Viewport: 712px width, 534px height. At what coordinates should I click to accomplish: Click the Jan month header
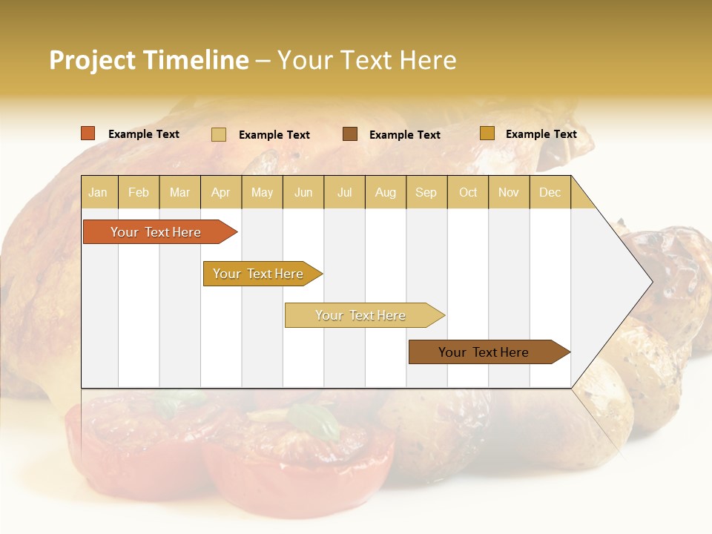click(x=98, y=193)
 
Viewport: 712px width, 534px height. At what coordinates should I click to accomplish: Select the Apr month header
click(x=221, y=193)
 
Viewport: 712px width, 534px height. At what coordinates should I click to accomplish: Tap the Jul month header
click(x=344, y=193)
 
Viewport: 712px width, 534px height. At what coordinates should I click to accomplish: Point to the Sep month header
click(x=426, y=193)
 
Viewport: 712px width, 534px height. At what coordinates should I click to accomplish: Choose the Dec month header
click(x=550, y=193)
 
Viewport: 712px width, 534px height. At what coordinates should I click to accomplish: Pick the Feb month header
click(x=139, y=193)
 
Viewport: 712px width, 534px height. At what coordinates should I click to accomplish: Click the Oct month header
click(x=468, y=193)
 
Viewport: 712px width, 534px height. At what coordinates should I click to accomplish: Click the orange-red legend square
click(x=88, y=133)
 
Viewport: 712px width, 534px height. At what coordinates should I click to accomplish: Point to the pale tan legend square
click(x=219, y=134)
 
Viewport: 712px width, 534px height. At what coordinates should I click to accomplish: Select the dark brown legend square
click(x=350, y=134)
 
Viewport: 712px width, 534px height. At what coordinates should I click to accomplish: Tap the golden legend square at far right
click(x=487, y=133)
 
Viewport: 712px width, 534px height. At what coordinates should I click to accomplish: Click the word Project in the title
click(x=93, y=60)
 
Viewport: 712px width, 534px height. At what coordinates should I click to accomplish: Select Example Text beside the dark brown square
click(x=404, y=135)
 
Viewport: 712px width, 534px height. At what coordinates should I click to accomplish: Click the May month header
click(x=262, y=193)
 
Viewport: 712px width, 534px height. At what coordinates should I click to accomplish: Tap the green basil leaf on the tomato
click(x=316, y=420)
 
